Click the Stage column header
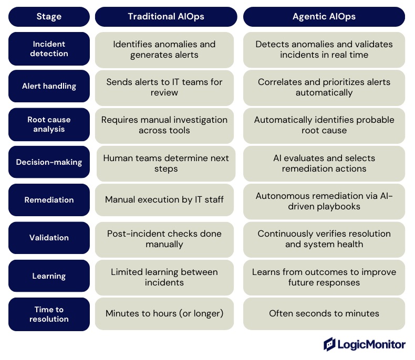click(x=49, y=17)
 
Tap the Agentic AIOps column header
click(x=324, y=17)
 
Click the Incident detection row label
click(x=49, y=49)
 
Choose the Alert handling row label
click(x=49, y=87)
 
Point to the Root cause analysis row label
click(x=49, y=125)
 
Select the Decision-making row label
click(x=49, y=162)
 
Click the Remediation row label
click(x=49, y=200)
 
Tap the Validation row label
click(x=49, y=238)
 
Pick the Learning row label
click(x=49, y=276)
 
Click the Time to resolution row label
click(x=49, y=314)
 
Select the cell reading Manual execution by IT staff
click(x=164, y=200)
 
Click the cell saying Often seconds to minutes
click(x=324, y=314)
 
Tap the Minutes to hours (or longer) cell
click(x=164, y=314)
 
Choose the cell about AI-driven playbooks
click(x=324, y=201)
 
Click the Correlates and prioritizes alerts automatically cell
click(x=324, y=87)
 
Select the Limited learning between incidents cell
click(x=164, y=277)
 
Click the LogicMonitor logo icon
click(x=330, y=344)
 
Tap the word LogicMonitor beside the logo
click(x=372, y=345)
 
